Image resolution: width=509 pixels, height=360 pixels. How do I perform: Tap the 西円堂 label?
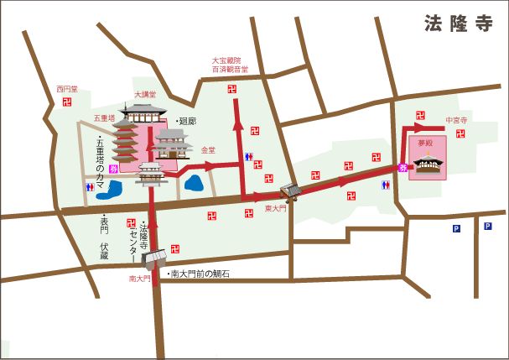[x=67, y=89]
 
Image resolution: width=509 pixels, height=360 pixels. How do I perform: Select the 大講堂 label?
[x=145, y=95]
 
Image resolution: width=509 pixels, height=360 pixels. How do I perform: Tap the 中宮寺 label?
[x=457, y=120]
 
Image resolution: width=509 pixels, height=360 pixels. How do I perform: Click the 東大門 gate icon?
[x=290, y=192]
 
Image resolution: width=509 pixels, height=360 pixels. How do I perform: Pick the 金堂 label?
[x=208, y=150]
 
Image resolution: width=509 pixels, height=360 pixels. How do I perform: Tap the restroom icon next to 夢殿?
[x=385, y=185]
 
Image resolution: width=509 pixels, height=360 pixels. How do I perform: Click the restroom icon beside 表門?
[x=90, y=187]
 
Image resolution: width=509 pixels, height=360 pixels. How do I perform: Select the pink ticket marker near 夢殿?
[x=403, y=169]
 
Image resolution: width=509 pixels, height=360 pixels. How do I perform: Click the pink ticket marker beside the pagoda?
[x=113, y=169]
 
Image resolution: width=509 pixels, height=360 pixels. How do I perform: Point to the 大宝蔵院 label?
[x=226, y=60]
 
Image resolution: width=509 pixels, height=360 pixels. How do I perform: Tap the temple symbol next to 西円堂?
[x=67, y=102]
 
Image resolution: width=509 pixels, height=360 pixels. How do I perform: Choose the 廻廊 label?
[x=185, y=121]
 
